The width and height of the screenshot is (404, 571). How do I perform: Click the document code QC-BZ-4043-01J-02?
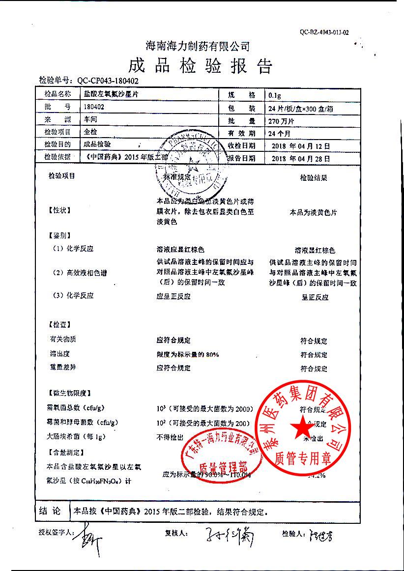pos(324,32)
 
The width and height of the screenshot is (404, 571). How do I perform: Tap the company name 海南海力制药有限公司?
pos(198,46)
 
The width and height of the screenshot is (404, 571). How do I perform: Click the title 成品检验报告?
pos(200,65)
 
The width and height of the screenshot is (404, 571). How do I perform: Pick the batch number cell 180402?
pos(94,107)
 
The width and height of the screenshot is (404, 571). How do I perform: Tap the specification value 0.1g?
pos(275,95)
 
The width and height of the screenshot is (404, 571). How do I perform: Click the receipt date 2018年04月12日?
pos(300,146)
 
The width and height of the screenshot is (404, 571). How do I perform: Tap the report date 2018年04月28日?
pos(300,158)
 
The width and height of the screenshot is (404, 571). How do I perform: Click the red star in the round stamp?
pos(299,428)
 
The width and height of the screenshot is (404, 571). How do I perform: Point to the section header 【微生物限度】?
pos(69,394)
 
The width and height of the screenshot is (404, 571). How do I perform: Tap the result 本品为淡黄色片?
pos(313,213)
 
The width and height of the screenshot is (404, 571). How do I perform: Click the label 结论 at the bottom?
pos(50,512)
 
